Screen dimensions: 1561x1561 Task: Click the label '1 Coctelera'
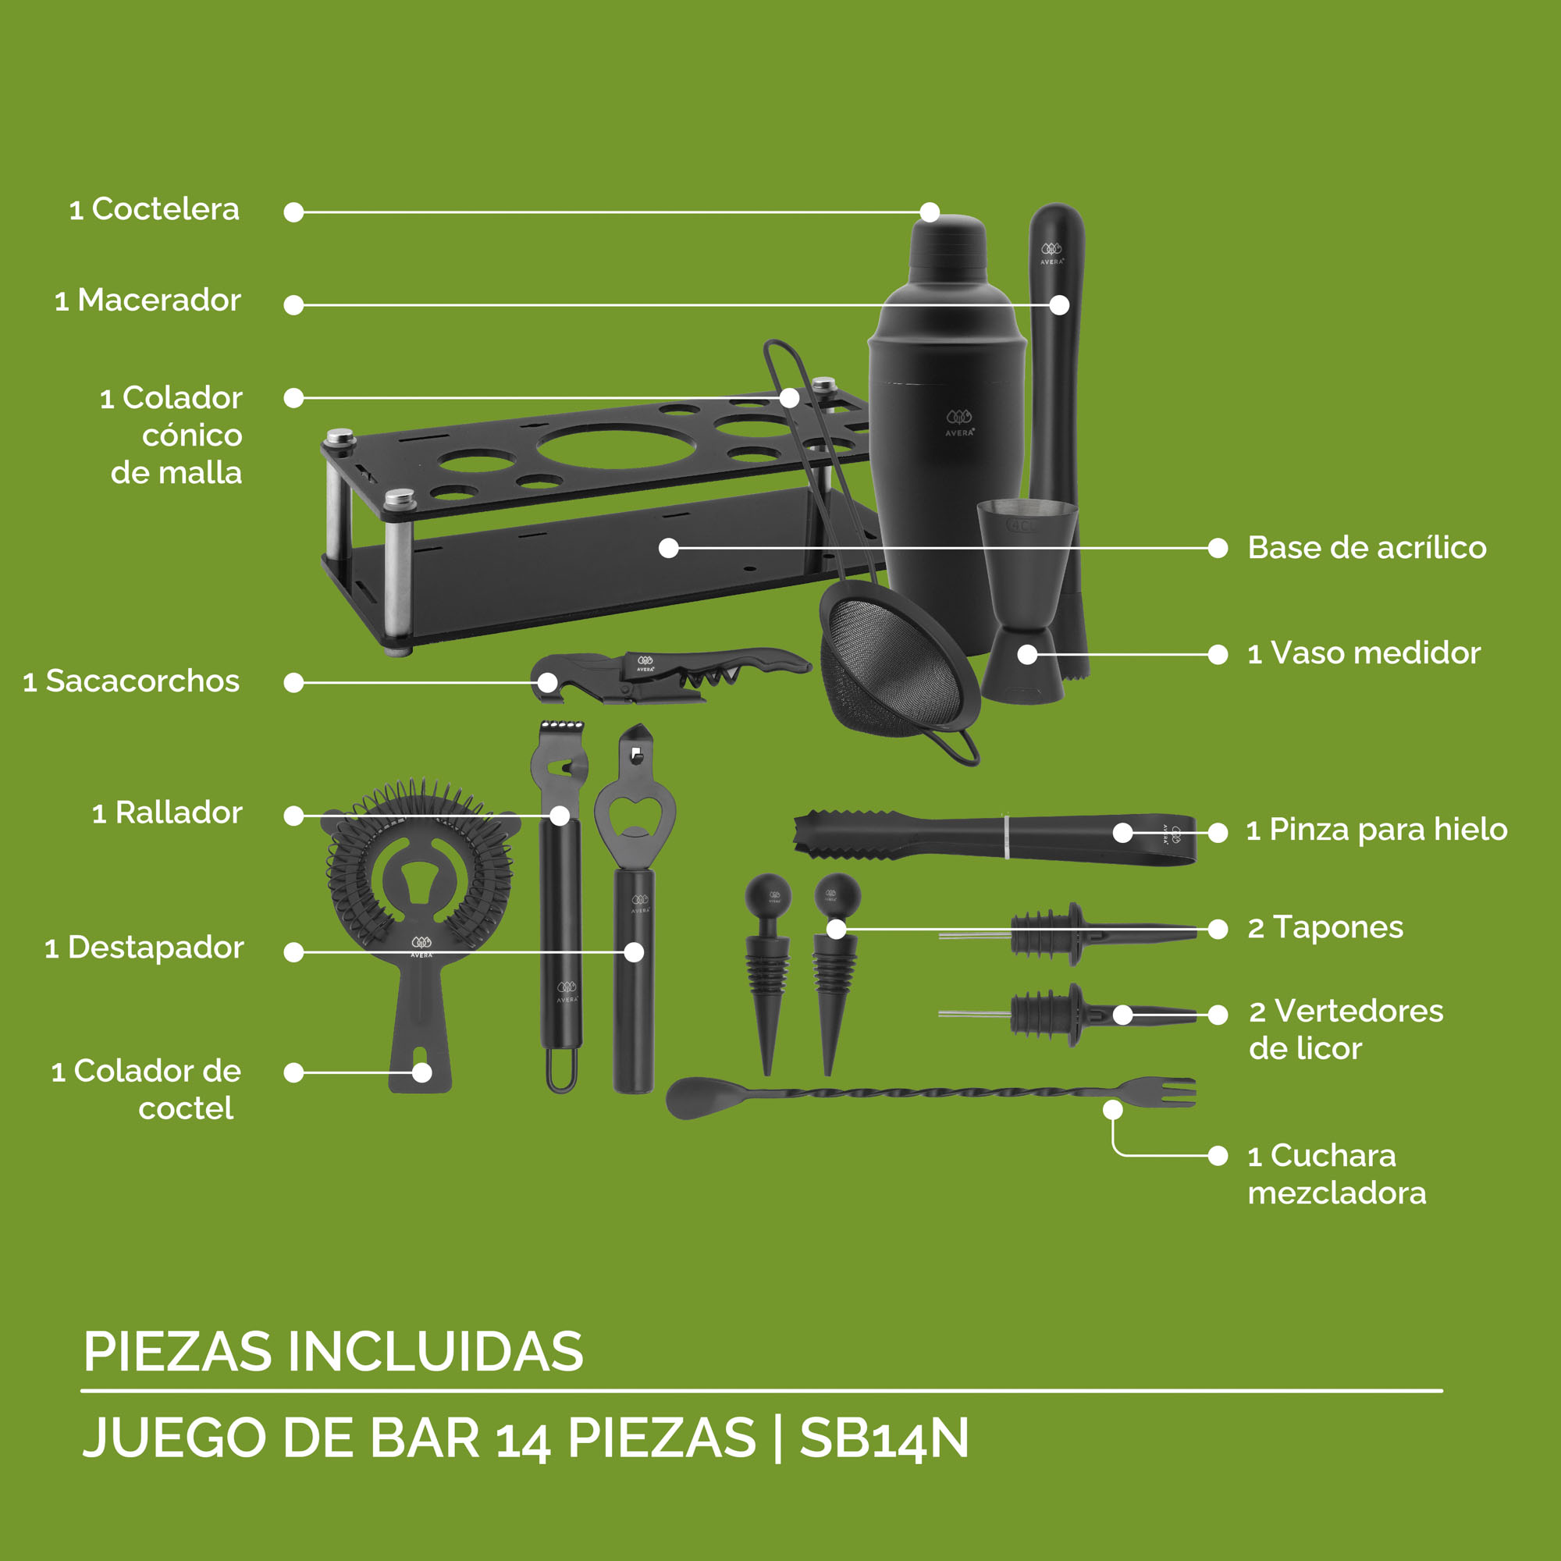click(x=155, y=209)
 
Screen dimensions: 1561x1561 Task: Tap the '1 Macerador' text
click(x=148, y=300)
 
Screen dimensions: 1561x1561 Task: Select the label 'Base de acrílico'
click(x=1367, y=548)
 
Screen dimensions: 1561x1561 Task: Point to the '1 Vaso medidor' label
click(x=1363, y=652)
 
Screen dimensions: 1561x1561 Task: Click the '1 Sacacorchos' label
click(x=132, y=681)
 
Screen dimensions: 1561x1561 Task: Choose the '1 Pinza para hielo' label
click(x=1376, y=829)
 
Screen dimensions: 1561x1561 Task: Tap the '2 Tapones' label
click(x=1325, y=927)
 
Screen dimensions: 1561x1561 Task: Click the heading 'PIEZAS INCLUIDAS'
click(x=333, y=1352)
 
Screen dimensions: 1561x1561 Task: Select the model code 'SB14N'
click(x=884, y=1439)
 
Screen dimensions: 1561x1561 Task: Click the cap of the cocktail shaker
click(x=948, y=243)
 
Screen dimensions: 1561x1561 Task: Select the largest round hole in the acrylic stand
click(x=617, y=445)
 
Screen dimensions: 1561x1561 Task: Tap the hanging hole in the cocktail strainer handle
click(x=421, y=1072)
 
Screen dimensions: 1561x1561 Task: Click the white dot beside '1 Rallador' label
click(x=294, y=816)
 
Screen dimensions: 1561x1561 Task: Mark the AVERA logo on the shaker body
click(x=959, y=422)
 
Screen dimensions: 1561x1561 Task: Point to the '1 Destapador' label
click(x=144, y=948)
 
